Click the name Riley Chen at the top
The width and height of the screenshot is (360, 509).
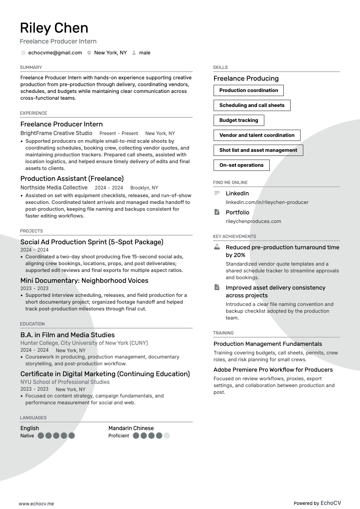tap(54, 28)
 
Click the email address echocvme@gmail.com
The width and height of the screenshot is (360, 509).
tap(55, 53)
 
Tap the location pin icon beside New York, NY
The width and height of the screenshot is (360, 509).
tap(89, 53)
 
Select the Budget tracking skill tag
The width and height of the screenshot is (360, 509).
tap(238, 120)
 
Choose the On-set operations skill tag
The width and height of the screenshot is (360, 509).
tap(241, 165)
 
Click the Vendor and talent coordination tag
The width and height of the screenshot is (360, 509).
tap(257, 135)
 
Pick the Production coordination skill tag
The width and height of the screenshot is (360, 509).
tap(248, 90)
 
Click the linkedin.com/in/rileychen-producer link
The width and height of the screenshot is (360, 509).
tap(267, 202)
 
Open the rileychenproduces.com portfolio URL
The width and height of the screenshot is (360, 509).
tap(253, 221)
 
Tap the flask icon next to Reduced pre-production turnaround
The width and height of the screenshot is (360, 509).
tap(217, 247)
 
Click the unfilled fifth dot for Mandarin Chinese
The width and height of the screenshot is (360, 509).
tap(167, 436)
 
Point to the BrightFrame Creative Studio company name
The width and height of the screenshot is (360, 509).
tap(56, 133)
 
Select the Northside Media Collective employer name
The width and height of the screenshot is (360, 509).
tap(54, 188)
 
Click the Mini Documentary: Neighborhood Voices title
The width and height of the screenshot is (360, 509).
tap(84, 281)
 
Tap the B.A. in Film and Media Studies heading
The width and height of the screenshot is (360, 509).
tap(68, 335)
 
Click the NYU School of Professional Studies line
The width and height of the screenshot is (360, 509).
tap(65, 382)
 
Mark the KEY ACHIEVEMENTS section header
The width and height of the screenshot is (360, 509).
tap(234, 236)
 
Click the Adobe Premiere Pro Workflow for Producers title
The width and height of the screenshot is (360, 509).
tap(273, 369)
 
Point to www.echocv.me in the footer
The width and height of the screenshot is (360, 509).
tap(36, 503)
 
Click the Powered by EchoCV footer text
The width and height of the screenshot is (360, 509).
tap(317, 503)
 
